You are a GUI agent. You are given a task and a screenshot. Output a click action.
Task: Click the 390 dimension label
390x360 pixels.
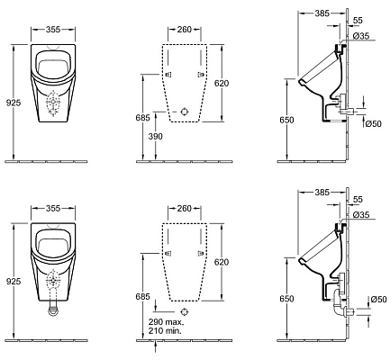point(156,136)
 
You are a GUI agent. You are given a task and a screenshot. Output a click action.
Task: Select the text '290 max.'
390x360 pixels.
point(166,322)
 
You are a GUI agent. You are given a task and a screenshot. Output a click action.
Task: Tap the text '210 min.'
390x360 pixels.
point(165,331)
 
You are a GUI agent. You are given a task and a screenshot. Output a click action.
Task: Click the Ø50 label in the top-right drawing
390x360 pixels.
point(374,123)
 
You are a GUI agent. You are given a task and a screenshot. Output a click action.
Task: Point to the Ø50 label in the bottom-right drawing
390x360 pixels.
point(378,299)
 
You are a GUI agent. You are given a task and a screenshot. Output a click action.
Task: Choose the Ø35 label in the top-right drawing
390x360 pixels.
point(361,36)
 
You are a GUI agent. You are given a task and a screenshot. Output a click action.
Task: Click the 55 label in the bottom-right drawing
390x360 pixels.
point(358,199)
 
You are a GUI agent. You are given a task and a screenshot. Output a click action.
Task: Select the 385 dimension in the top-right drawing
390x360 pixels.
point(322,13)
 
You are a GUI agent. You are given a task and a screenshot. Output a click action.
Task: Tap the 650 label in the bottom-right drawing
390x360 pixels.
point(286,299)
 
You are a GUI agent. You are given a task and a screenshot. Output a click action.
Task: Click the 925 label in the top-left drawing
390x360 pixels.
point(14,103)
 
